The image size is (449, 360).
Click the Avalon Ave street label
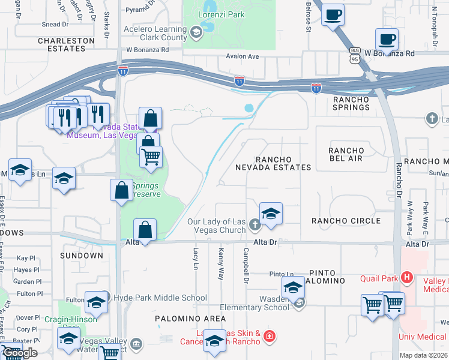click(x=242, y=56)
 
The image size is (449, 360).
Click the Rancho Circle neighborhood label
click(x=346, y=221)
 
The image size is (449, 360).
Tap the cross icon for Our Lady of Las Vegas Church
click(x=255, y=226)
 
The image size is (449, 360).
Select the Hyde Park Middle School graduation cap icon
click(x=95, y=304)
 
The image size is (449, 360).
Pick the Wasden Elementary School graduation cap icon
click(x=293, y=287)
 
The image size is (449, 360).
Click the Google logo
click(x=20, y=353)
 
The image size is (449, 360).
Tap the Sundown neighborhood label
click(x=82, y=256)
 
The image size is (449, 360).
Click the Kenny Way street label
click(x=221, y=264)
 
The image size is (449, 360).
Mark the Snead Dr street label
click(x=55, y=24)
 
